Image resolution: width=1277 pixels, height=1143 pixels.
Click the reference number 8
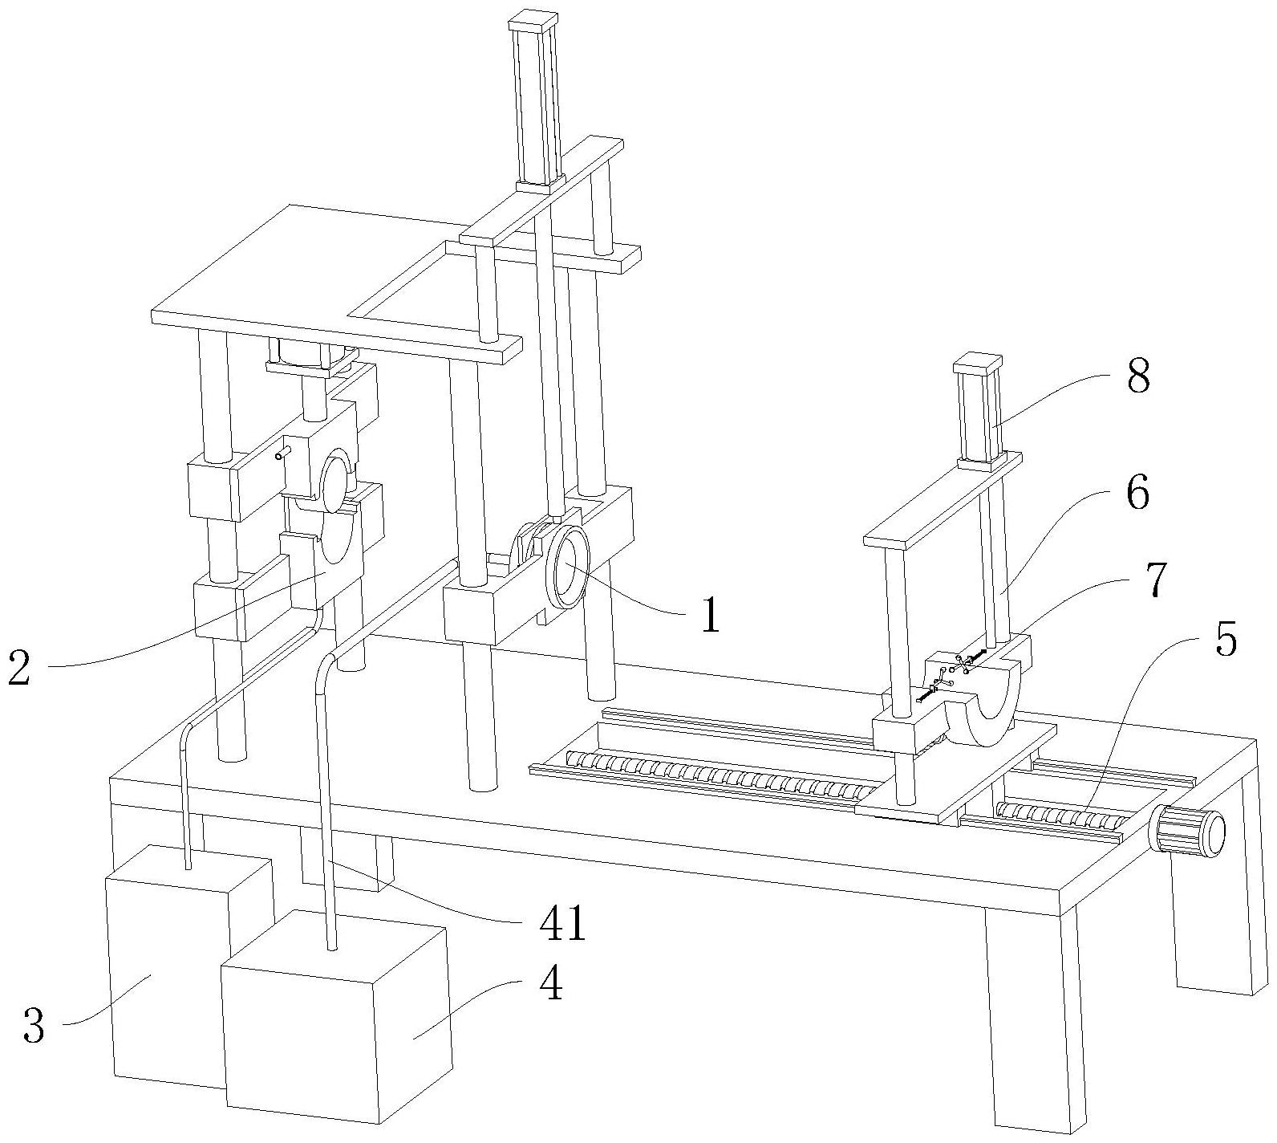[x=1137, y=376]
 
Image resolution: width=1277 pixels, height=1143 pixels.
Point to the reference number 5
[x=1226, y=641]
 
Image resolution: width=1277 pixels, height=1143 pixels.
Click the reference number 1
[x=710, y=617]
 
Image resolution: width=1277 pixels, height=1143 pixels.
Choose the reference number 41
[x=562, y=925]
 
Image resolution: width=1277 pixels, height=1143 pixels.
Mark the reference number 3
[x=34, y=1027]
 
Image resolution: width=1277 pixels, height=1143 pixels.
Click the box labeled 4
[x=337, y=1019]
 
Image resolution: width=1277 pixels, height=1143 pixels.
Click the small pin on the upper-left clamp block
[x=279, y=456]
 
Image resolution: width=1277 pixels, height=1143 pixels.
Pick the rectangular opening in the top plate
[x=417, y=289]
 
